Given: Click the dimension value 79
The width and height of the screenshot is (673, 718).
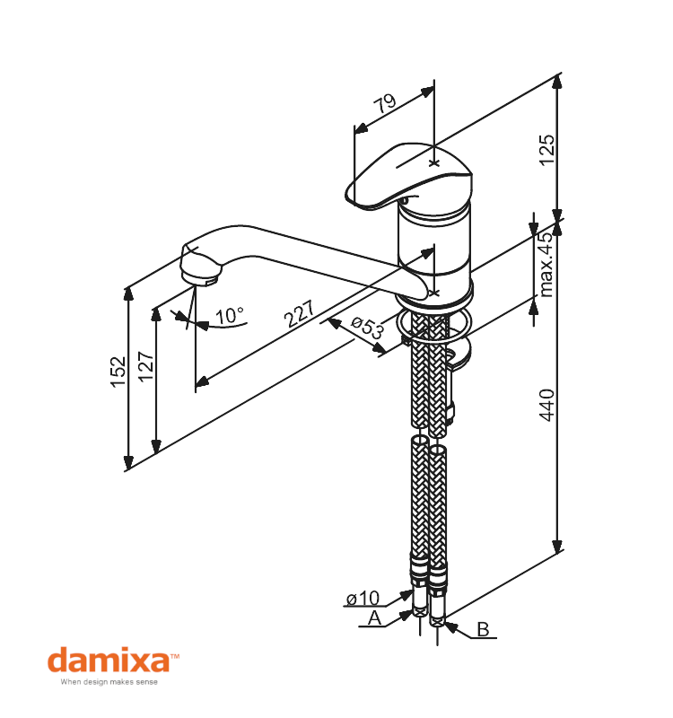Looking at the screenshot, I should pyautogui.click(x=386, y=103).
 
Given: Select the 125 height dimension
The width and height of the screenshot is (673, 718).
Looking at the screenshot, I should pyautogui.click(x=546, y=149).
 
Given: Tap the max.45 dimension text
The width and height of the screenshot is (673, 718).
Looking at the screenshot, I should pyautogui.click(x=546, y=264).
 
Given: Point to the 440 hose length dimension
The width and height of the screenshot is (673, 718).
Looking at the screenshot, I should pyautogui.click(x=546, y=405).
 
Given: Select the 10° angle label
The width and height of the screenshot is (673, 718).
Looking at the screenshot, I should pyautogui.click(x=230, y=316).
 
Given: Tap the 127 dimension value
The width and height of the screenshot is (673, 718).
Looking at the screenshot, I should pyautogui.click(x=146, y=369).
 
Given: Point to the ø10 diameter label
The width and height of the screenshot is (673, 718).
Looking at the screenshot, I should pyautogui.click(x=363, y=598).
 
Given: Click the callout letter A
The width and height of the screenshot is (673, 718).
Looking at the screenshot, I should pyautogui.click(x=375, y=618).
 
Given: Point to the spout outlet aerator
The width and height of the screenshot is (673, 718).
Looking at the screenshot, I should pyautogui.click(x=201, y=268).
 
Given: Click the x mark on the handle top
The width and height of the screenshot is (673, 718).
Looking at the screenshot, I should pyautogui.click(x=434, y=163).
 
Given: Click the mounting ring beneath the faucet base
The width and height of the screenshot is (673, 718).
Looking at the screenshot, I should pyautogui.click(x=433, y=324).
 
